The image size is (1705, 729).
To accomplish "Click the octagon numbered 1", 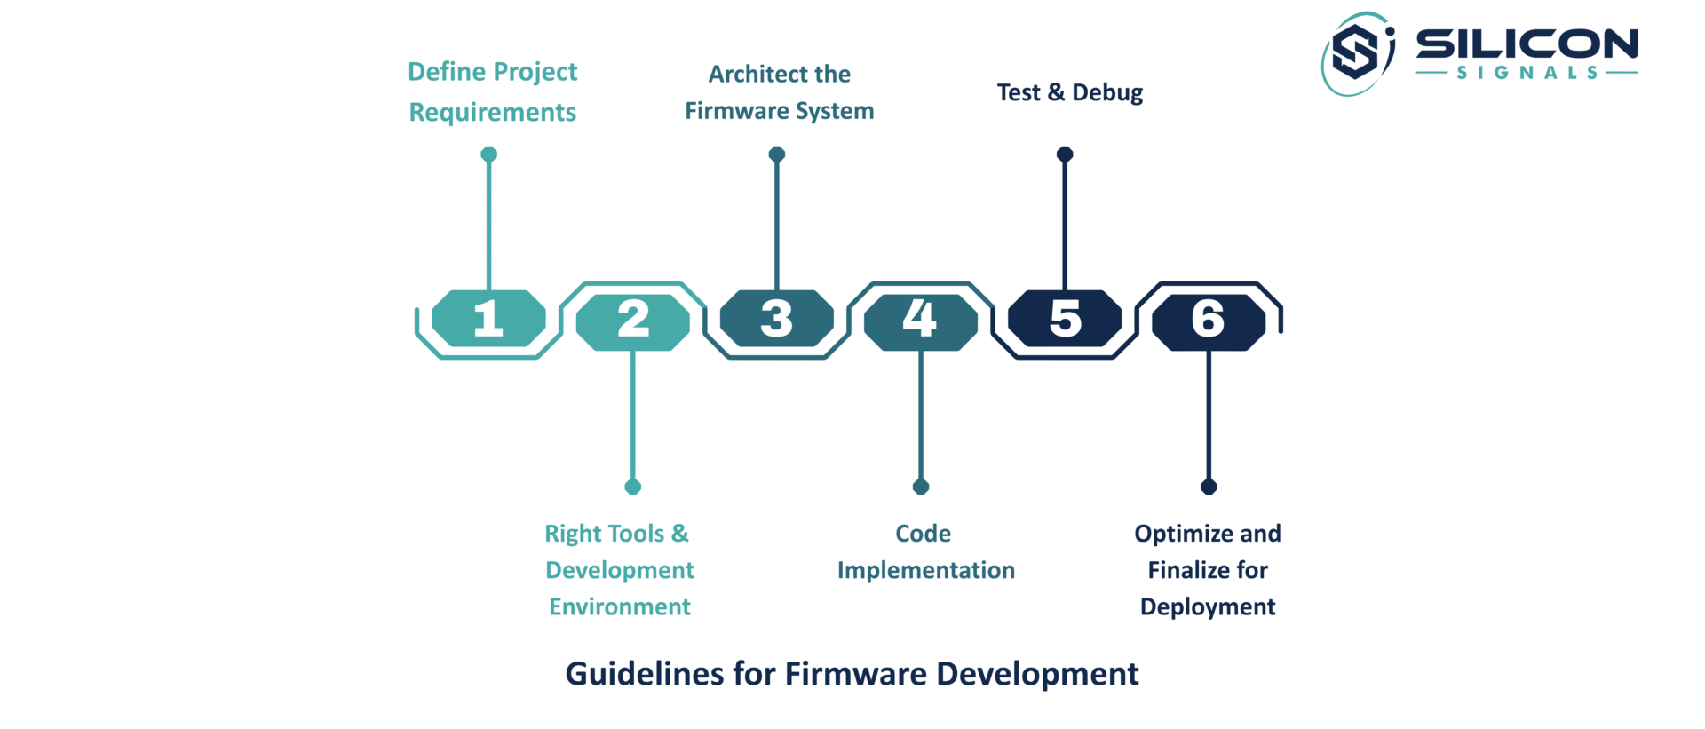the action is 488,318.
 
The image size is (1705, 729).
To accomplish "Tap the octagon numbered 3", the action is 777,318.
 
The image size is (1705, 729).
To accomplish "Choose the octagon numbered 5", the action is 1065,318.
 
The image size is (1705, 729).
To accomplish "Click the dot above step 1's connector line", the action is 488,155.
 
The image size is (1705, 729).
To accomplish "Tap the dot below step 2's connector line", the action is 633,487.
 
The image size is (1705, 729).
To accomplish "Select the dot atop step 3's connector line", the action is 777,155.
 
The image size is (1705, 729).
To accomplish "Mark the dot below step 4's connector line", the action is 921,487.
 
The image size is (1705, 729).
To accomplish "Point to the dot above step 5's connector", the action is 1065,155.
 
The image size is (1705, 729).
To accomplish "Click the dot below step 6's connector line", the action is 1209,487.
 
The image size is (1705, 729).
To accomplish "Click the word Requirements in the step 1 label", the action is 493,113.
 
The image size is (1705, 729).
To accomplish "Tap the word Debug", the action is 1107,93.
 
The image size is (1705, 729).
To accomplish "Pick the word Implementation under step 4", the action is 926,571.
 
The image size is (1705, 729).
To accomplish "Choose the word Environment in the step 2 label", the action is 620,606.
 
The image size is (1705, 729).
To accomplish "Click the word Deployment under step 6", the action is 1208,607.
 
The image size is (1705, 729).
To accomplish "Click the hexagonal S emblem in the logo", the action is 1355,52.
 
